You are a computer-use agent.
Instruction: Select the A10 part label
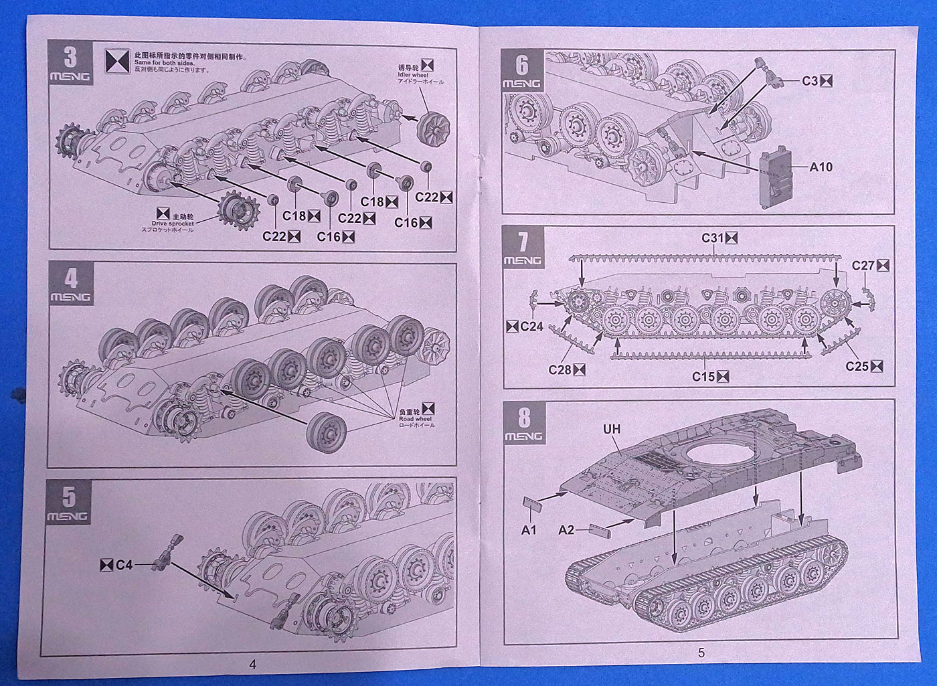tap(821, 167)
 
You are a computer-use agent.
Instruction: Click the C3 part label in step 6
tap(810, 81)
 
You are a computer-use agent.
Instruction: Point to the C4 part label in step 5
tap(123, 566)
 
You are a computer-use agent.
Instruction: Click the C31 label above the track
tap(713, 238)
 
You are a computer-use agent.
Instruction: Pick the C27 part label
tap(863, 266)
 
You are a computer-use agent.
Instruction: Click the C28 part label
tap(559, 369)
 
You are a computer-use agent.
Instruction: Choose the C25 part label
tap(857, 366)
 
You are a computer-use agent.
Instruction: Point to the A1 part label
tap(529, 530)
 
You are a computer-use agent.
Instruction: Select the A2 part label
tap(566, 530)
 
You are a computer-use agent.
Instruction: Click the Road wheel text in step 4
tap(415, 418)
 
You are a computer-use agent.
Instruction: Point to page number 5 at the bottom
tap(701, 653)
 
